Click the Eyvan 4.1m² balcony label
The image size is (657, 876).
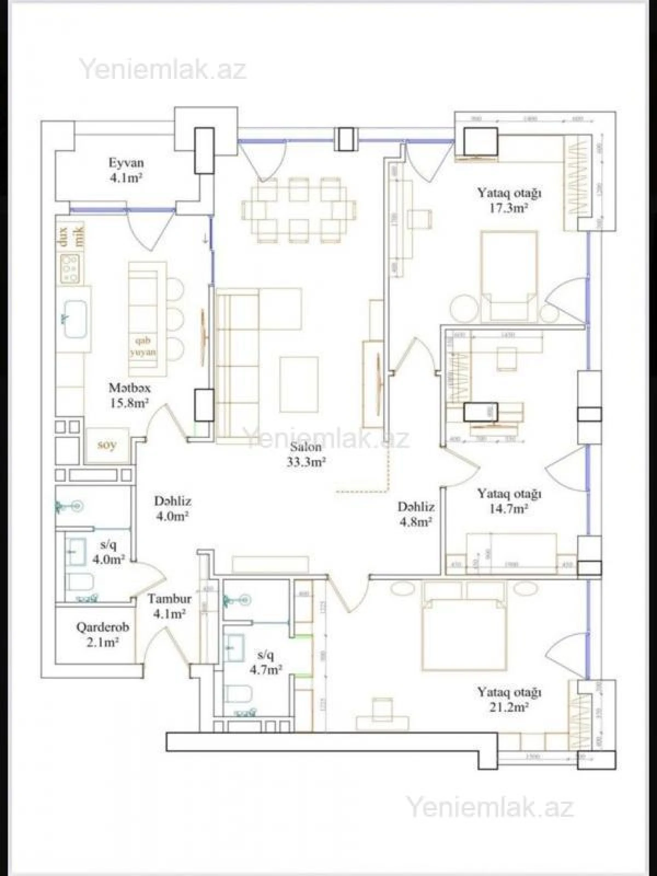click(x=126, y=170)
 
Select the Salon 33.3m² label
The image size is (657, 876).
click(x=306, y=454)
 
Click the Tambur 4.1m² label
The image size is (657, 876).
click(x=169, y=606)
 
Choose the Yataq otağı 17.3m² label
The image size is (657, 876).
click(x=509, y=200)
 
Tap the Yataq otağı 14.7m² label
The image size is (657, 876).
click(x=509, y=500)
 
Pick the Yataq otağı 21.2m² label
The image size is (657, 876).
click(x=509, y=699)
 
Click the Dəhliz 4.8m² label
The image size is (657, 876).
click(x=416, y=514)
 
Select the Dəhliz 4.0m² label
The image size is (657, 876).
click(x=172, y=508)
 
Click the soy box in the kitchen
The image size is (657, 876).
click(x=107, y=445)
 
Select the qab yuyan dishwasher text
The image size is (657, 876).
click(x=142, y=346)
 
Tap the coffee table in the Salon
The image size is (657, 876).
click(x=299, y=384)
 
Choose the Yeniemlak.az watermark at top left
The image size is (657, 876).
click(x=163, y=70)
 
